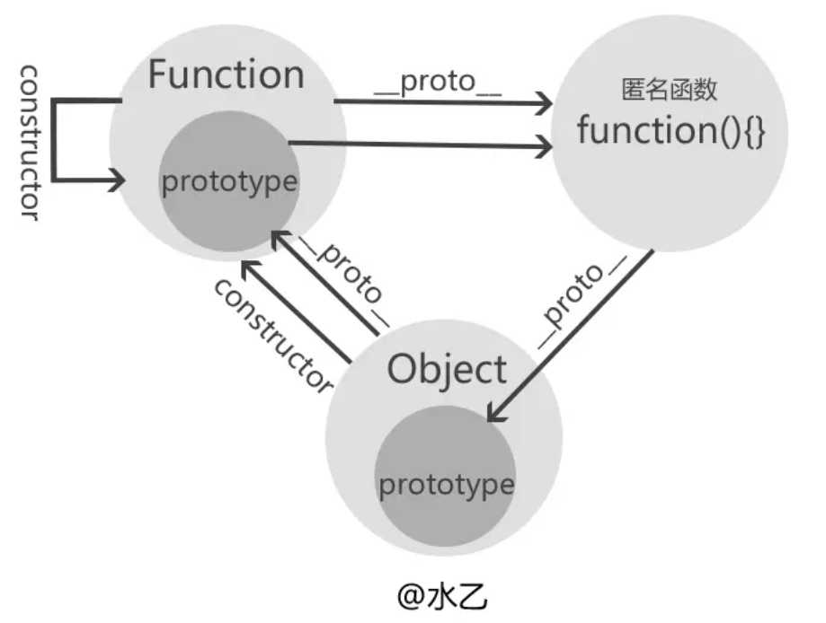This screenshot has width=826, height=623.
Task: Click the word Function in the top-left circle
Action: (226, 74)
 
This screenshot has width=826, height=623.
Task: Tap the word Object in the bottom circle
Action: (447, 368)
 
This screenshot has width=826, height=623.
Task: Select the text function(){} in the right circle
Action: (671, 131)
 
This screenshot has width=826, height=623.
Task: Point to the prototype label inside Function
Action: (228, 181)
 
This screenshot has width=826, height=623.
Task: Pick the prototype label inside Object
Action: (446, 485)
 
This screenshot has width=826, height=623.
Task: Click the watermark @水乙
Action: (444, 597)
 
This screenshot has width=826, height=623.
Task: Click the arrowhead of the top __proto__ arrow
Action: (542, 103)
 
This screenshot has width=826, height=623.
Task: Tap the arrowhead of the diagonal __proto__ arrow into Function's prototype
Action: (280, 236)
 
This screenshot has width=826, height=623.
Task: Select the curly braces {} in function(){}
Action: (752, 132)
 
